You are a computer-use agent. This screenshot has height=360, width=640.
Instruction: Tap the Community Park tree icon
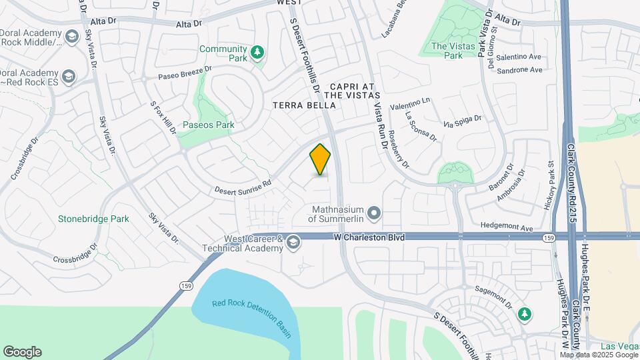tap(257, 53)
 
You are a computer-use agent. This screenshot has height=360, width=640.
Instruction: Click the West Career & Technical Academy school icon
tap(293, 244)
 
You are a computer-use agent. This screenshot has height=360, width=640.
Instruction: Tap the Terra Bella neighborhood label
tap(298, 106)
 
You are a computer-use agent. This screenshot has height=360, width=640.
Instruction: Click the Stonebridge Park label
tap(93, 219)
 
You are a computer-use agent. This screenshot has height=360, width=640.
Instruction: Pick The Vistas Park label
tap(447, 51)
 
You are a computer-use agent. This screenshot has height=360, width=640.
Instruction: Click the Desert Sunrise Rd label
tap(243, 186)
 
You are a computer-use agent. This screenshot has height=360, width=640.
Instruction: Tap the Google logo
tap(22, 352)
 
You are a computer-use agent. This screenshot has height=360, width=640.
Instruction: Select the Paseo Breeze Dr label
tap(185, 72)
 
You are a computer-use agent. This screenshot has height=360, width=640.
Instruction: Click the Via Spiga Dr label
tap(463, 122)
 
